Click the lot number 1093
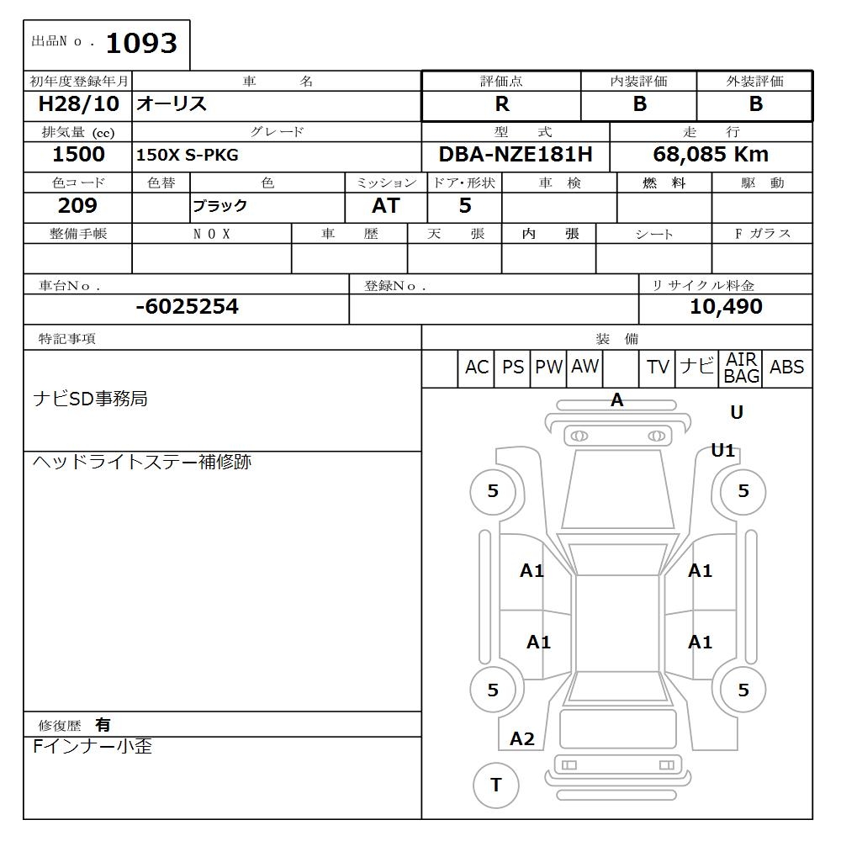pyautogui.click(x=140, y=43)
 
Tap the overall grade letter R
pyautogui.click(x=501, y=104)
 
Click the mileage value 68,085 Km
pyautogui.click(x=711, y=155)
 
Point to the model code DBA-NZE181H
pyautogui.click(x=515, y=155)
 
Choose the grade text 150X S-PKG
pyautogui.click(x=187, y=156)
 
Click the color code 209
pyautogui.click(x=77, y=206)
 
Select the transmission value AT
pyautogui.click(x=385, y=206)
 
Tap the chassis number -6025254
pyautogui.click(x=187, y=307)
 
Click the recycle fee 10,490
pyautogui.click(x=725, y=307)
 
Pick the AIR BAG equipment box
pyautogui.click(x=741, y=368)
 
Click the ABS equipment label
pyautogui.click(x=786, y=368)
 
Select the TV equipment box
pyautogui.click(x=658, y=368)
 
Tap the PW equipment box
pyautogui.click(x=548, y=368)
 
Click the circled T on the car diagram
pyautogui.click(x=495, y=785)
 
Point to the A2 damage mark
pyautogui.click(x=522, y=739)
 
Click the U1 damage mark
pyautogui.click(x=722, y=450)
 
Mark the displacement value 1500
pyautogui.click(x=78, y=155)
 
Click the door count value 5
pyautogui.click(x=464, y=206)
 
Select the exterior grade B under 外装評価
pyautogui.click(x=755, y=104)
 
